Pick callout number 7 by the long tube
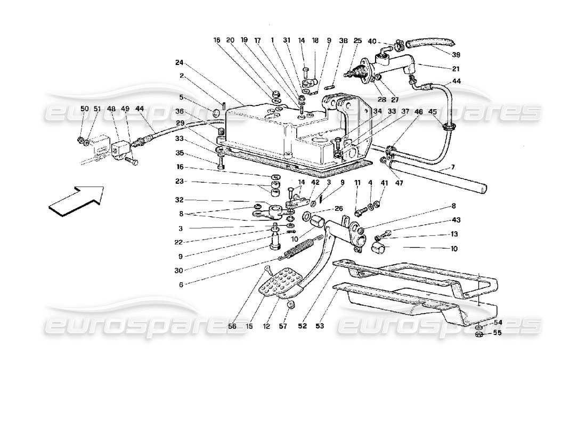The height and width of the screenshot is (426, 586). (x=452, y=168)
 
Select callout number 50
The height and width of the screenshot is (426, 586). (x=84, y=109)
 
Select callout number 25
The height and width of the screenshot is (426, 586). (x=357, y=40)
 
